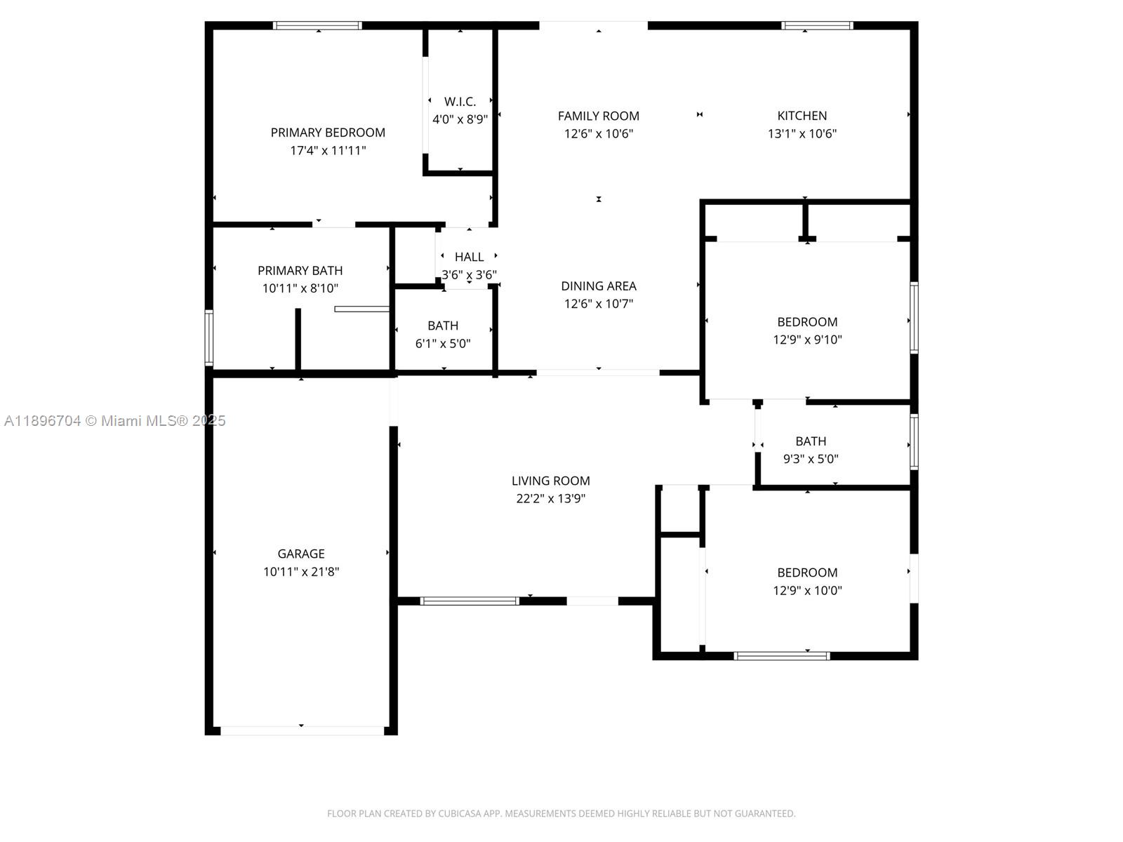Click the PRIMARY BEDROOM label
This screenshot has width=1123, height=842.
[x=328, y=133]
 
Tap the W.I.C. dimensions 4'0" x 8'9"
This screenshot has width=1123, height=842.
[x=460, y=119]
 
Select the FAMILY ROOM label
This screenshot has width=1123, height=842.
[x=598, y=116]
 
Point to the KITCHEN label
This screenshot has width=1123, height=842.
[x=802, y=116]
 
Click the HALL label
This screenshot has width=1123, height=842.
[x=469, y=257]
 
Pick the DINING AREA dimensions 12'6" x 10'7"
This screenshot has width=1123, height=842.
[x=598, y=304]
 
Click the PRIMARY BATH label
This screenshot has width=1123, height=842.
[x=300, y=270]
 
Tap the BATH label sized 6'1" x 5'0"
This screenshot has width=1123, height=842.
[x=442, y=326]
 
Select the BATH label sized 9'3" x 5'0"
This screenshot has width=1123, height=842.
[x=810, y=441]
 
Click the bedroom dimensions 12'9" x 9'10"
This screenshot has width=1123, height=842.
[x=807, y=340]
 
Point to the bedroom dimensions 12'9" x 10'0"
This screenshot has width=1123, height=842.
[x=807, y=591]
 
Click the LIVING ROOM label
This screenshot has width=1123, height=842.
[x=550, y=481]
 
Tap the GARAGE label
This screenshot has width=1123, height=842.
[x=300, y=554]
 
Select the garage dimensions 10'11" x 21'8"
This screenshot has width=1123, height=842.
[x=300, y=572]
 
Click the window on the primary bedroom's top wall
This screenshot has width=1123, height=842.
[x=317, y=26]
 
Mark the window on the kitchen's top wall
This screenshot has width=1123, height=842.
[x=817, y=26]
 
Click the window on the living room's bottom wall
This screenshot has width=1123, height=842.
[x=470, y=601]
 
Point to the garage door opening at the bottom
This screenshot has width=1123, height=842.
[x=302, y=730]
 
